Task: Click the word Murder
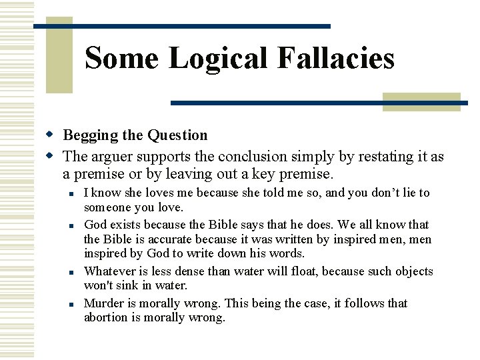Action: pyautogui.click(x=103, y=303)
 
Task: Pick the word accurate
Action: pyautogui.click(x=155, y=239)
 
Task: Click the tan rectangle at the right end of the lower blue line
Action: pyautogui.click(x=421, y=101)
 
